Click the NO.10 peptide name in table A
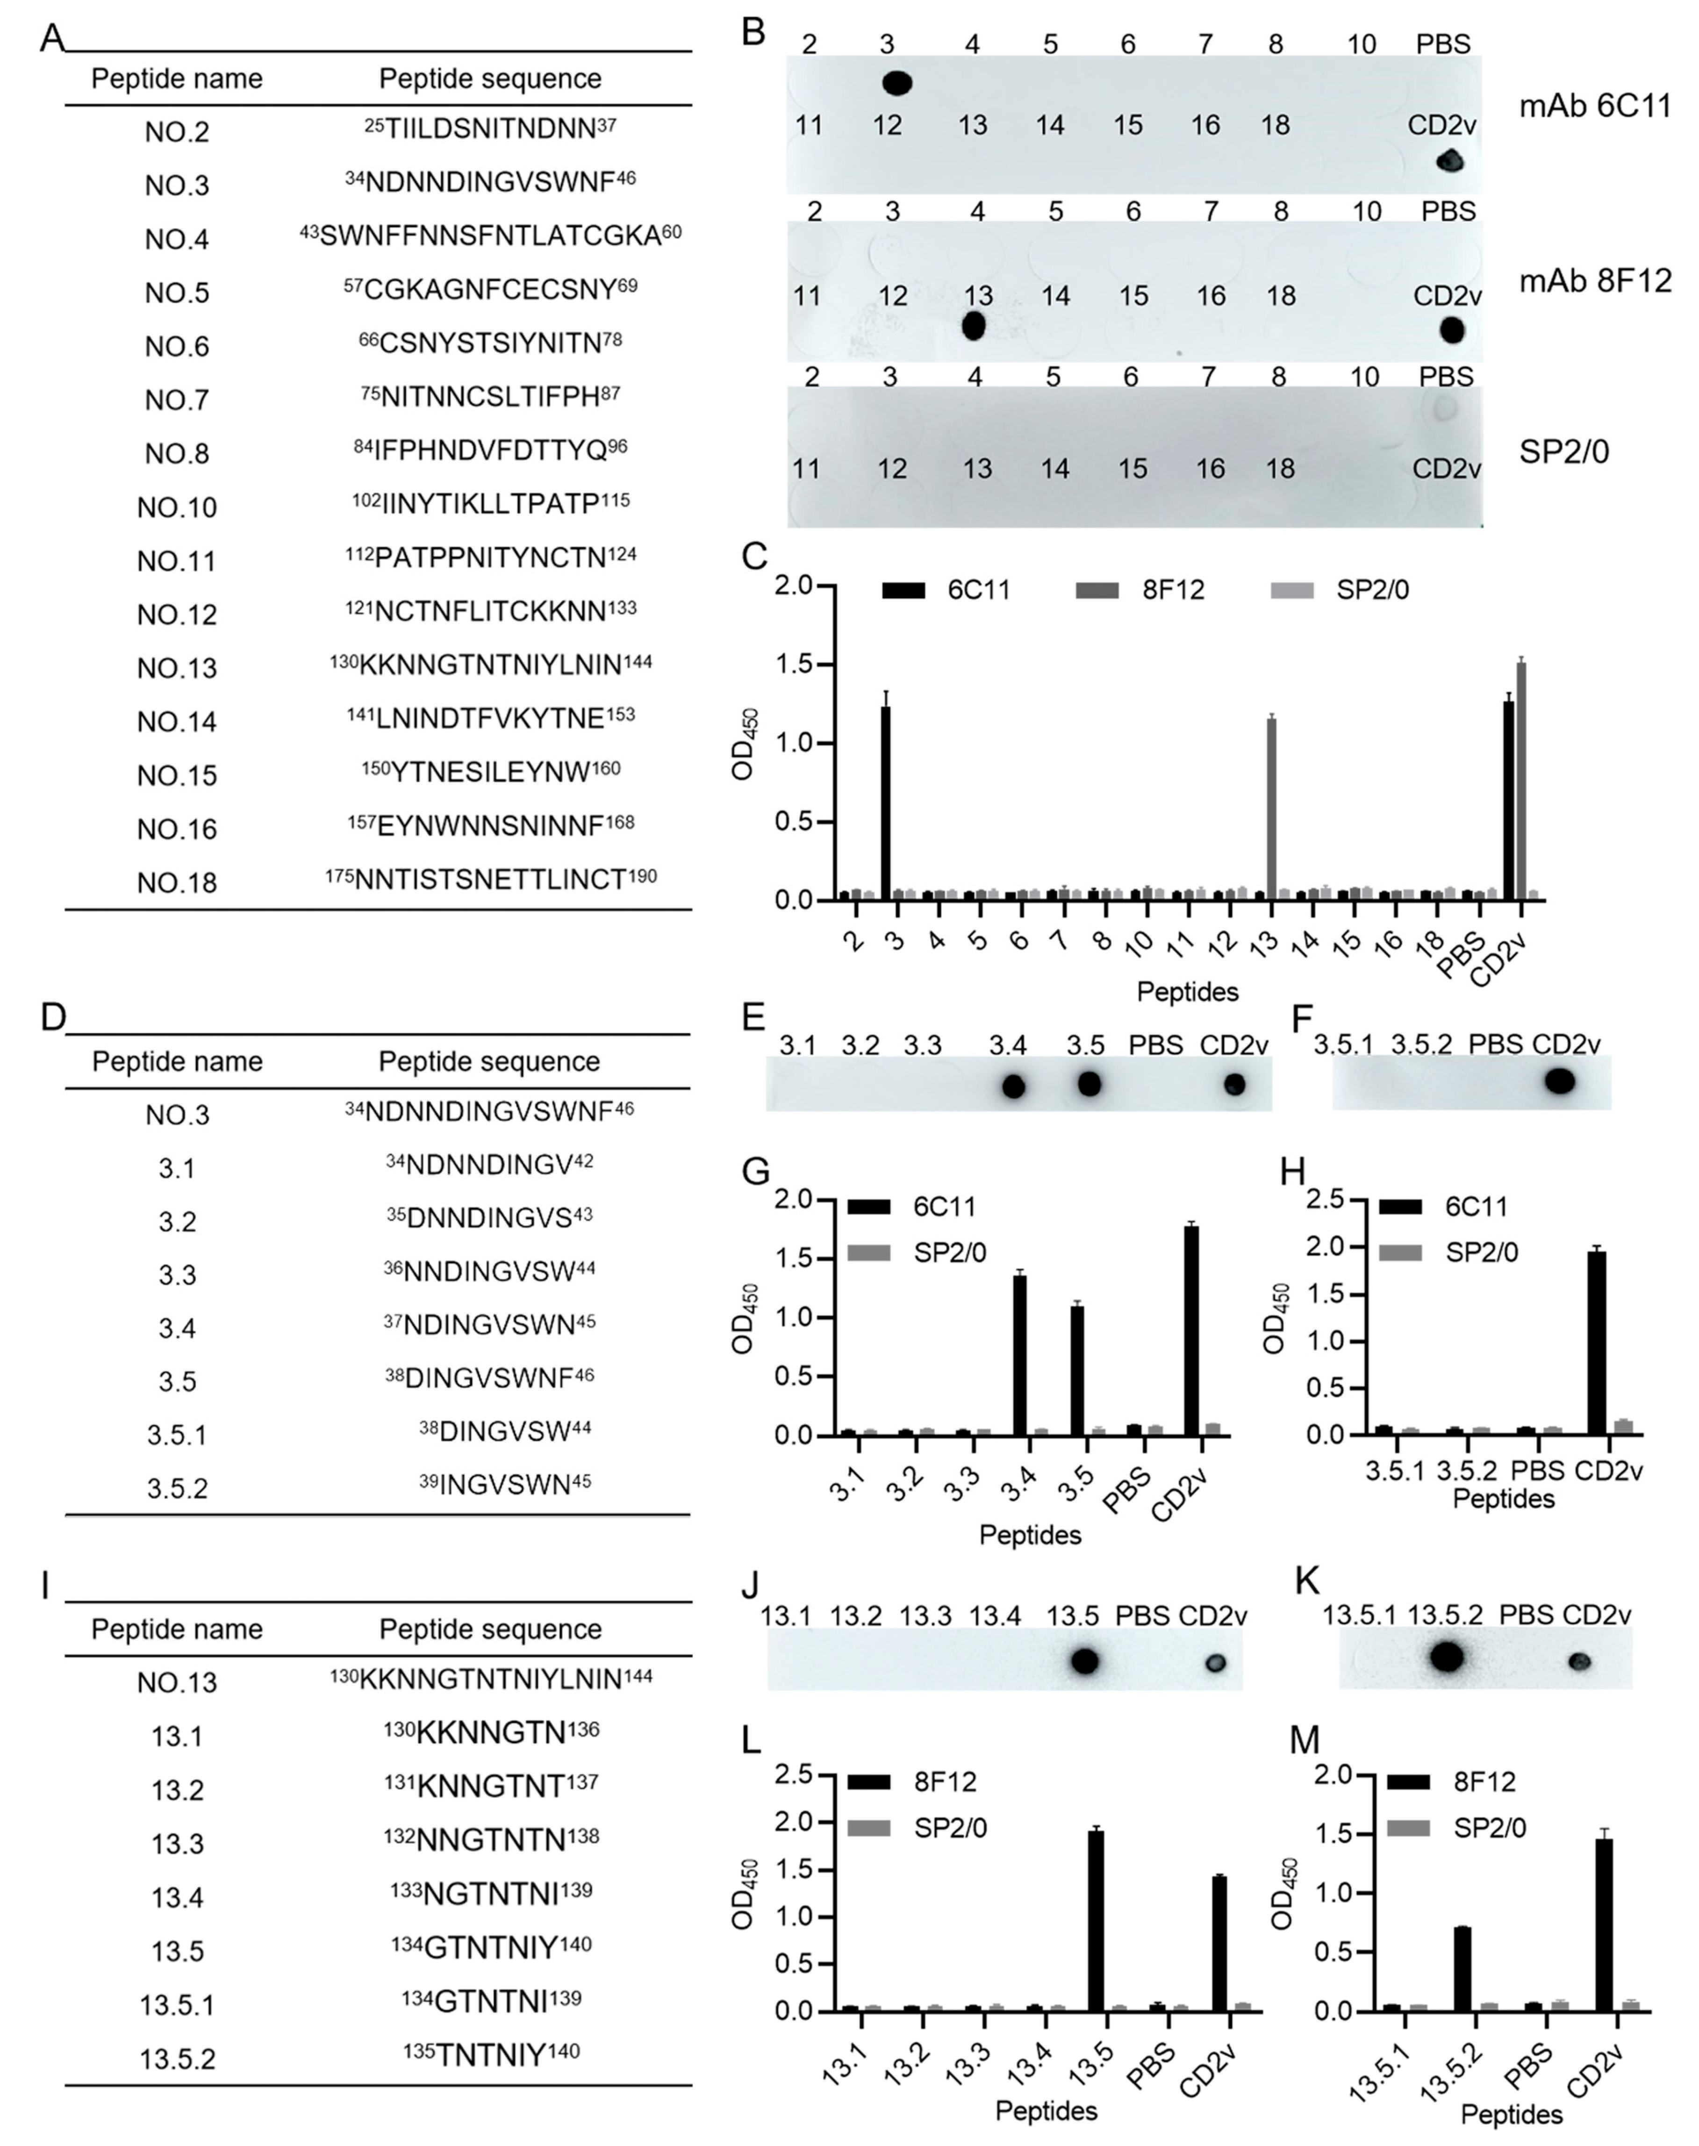point(177,507)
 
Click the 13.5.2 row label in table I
point(177,2059)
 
